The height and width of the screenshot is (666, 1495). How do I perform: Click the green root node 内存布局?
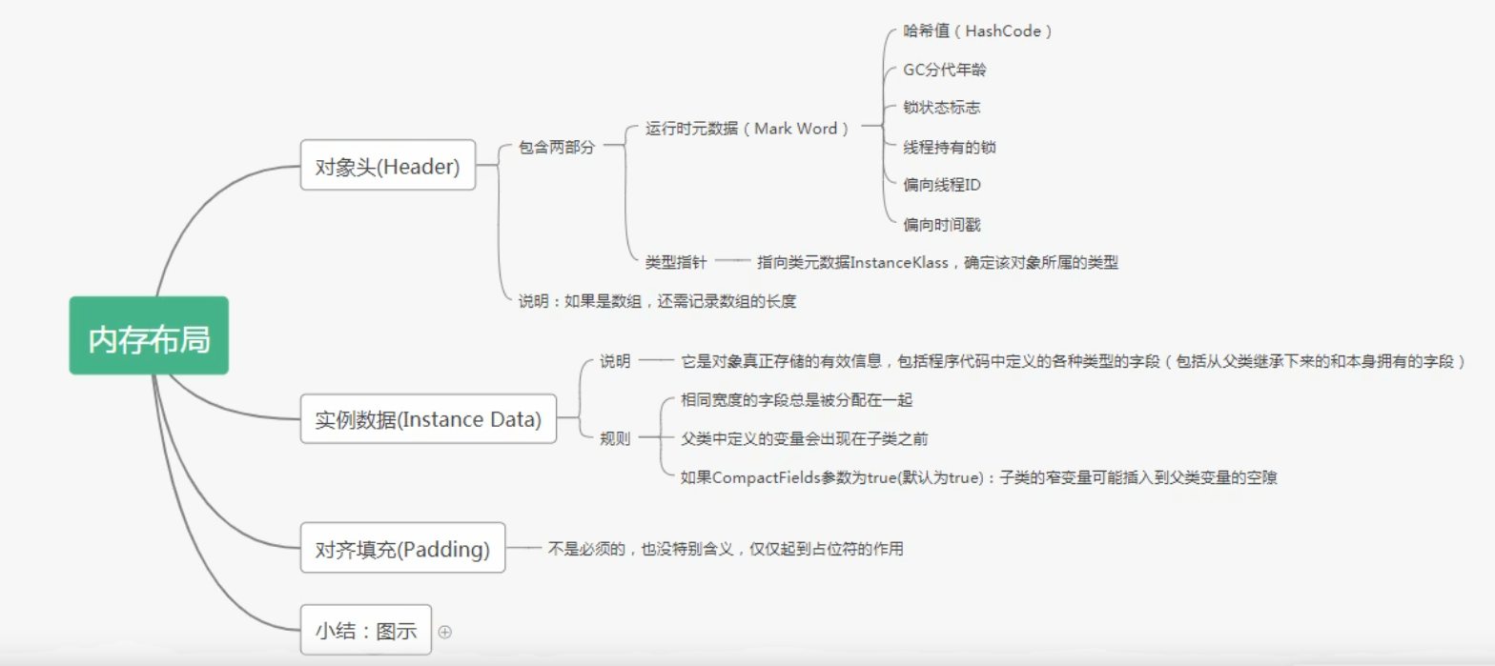click(149, 335)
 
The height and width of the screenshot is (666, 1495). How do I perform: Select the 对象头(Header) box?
click(387, 166)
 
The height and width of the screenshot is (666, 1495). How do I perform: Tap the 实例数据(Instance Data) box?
click(427, 418)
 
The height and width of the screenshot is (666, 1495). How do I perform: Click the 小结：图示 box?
click(365, 630)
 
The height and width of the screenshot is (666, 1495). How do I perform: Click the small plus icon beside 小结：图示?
click(444, 631)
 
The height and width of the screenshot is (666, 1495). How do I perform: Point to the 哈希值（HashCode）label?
click(977, 30)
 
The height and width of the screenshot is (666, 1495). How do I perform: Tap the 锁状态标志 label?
click(941, 108)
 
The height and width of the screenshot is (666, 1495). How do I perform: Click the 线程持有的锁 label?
click(950, 147)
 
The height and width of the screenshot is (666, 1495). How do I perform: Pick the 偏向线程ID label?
click(942, 185)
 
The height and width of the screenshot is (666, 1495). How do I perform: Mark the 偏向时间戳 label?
click(942, 224)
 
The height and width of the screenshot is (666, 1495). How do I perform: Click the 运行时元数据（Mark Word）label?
click(747, 129)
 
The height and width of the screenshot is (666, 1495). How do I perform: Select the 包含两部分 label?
click(556, 148)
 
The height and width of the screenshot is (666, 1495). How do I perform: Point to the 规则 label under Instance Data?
click(615, 438)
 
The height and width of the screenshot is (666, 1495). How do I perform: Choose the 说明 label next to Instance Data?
click(615, 361)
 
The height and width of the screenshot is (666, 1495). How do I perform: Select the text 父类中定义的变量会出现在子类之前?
click(804, 438)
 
